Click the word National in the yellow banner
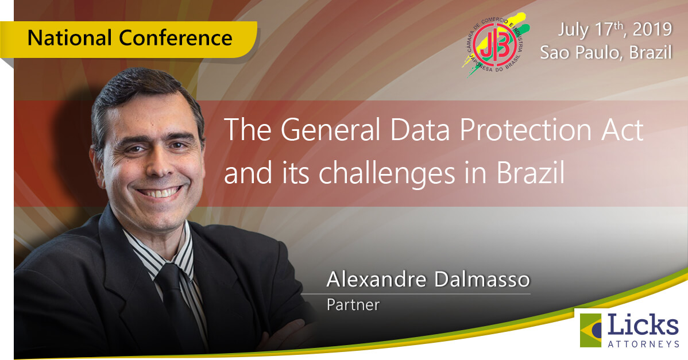click(x=69, y=38)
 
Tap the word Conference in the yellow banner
click(x=176, y=38)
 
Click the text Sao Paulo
click(x=581, y=53)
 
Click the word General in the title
click(x=331, y=130)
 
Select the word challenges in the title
click(x=386, y=173)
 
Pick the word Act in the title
click(x=622, y=130)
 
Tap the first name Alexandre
click(x=376, y=279)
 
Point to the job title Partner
click(x=353, y=305)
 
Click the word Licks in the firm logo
click(x=643, y=326)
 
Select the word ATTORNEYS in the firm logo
click(x=644, y=344)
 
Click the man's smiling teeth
click(x=160, y=192)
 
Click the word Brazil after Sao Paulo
click(x=650, y=53)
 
